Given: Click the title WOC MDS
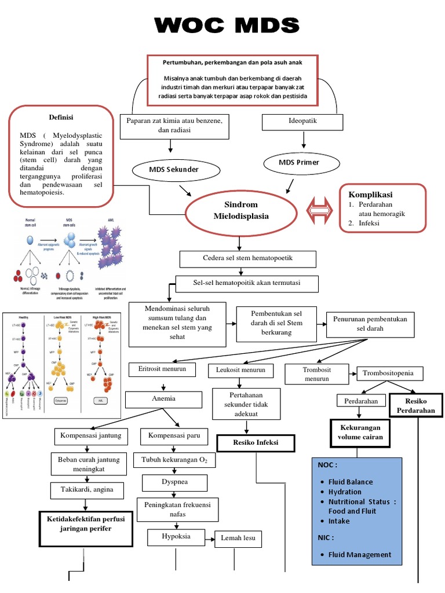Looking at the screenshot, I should coord(227,26).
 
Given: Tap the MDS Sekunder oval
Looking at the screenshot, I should coord(174,170).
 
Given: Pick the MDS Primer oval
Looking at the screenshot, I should coord(299,163).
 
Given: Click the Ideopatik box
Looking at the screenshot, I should coord(302,122).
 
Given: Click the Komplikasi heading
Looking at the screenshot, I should coord(370,194).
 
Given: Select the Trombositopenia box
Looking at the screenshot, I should coord(390,373).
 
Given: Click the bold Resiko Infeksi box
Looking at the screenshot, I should coord(256,443).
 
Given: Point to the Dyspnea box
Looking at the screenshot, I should coord(174,482).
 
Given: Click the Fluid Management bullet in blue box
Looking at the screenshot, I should coord(359,555).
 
